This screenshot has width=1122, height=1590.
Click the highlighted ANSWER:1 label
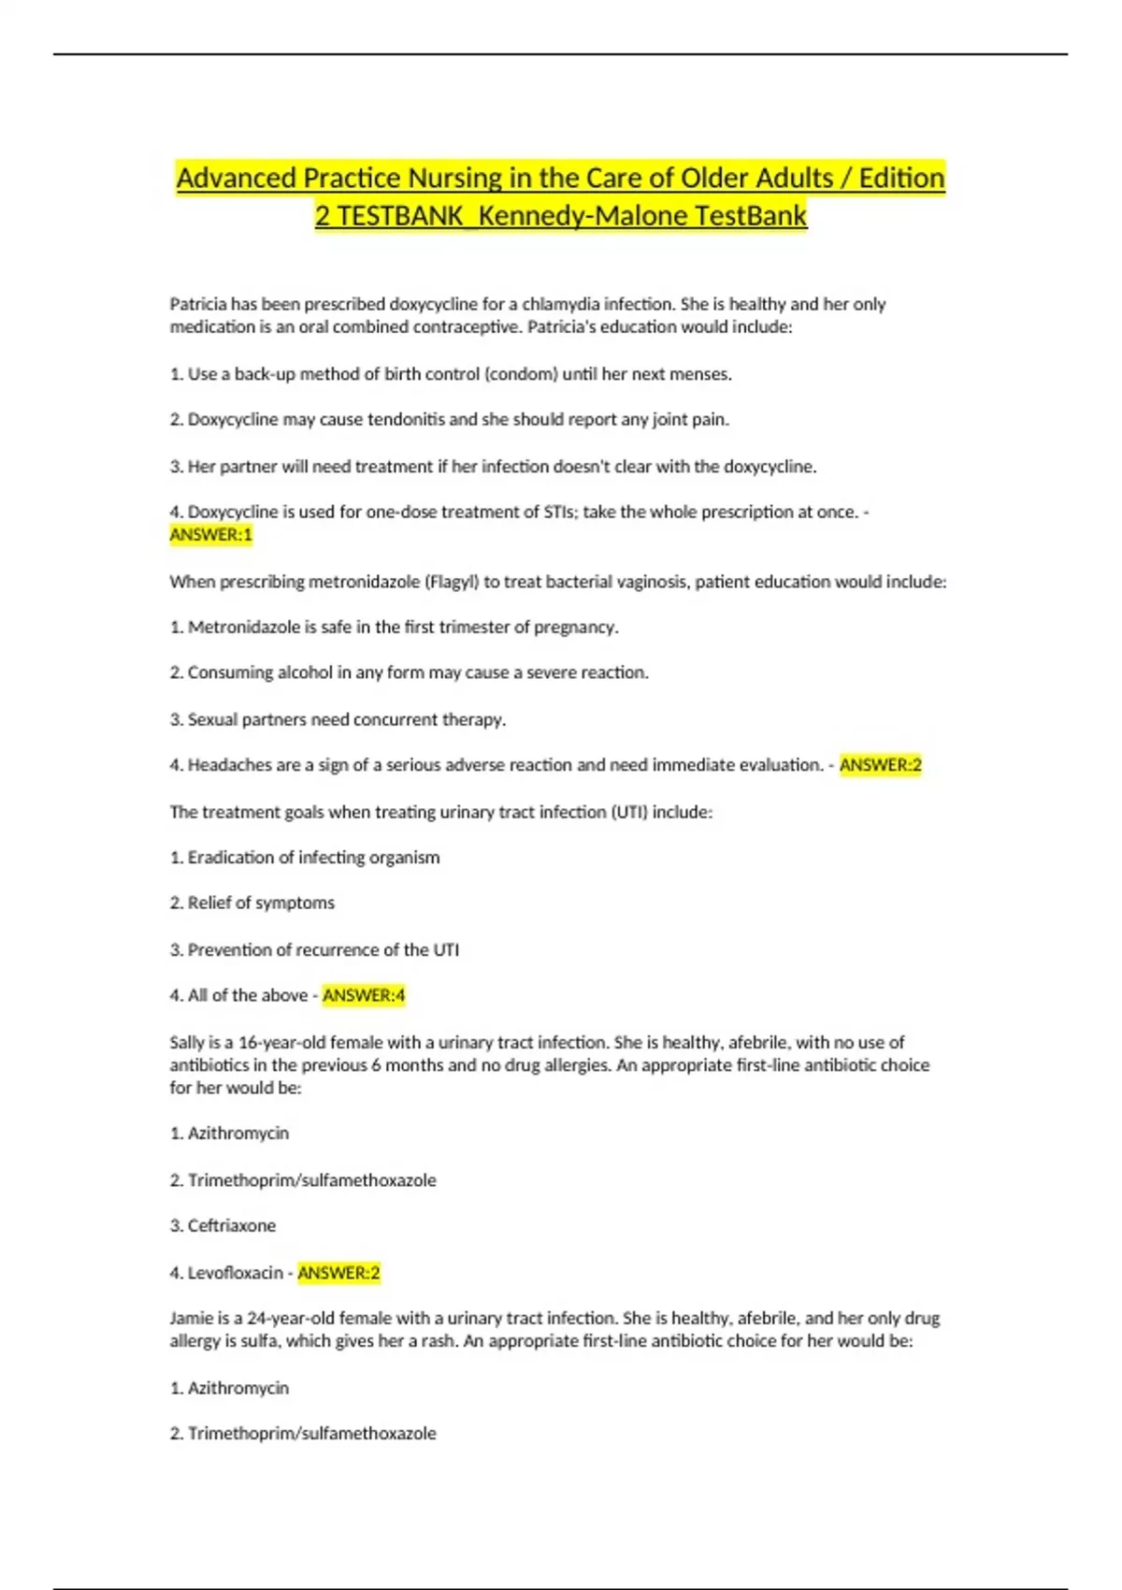210,535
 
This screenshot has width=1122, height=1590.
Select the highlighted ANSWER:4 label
364,995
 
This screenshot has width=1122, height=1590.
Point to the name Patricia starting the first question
197,304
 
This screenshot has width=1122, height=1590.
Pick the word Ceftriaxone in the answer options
232,1225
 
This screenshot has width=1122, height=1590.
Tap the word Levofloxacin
235,1273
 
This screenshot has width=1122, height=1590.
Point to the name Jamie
191,1319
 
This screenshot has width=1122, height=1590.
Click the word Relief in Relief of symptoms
209,903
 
